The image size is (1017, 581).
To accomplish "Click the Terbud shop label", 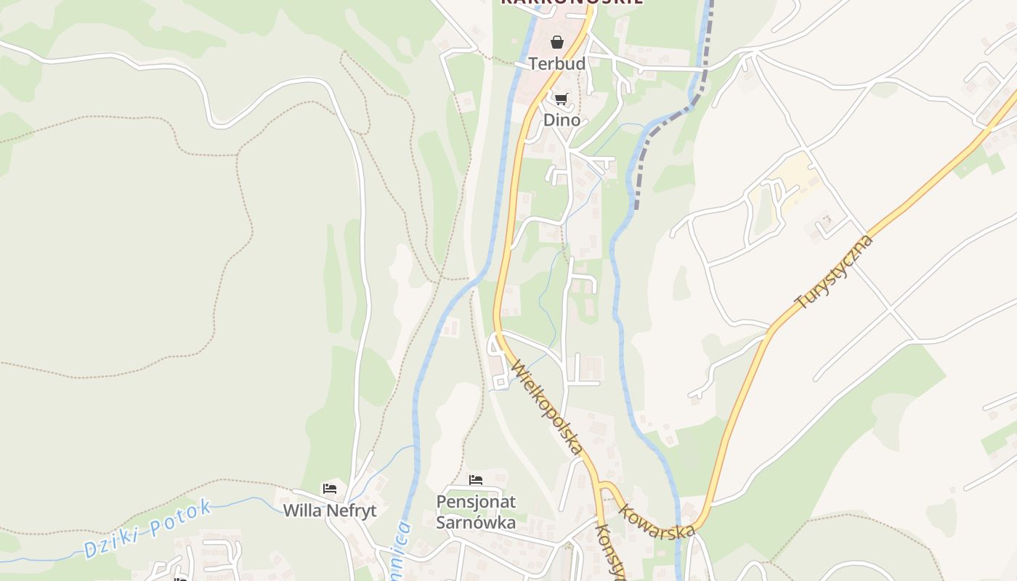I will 556,64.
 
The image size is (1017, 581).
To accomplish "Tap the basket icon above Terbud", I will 556,42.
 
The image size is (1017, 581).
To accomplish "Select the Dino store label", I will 562,120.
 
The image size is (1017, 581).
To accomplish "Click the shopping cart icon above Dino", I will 561,99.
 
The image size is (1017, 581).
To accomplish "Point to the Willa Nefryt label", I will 330,511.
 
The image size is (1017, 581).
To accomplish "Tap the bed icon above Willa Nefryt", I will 330,489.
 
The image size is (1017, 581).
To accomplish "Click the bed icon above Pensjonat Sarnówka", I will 476,480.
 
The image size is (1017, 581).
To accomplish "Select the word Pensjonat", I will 476,502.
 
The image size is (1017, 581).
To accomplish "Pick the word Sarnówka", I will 476,522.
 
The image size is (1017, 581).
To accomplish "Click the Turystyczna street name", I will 833,272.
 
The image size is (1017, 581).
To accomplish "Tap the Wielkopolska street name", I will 547,407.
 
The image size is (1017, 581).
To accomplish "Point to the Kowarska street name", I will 657,521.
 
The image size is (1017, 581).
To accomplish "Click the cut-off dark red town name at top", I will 571,3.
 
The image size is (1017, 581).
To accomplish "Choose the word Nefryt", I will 352,511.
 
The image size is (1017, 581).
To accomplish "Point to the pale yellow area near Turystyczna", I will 789,178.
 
